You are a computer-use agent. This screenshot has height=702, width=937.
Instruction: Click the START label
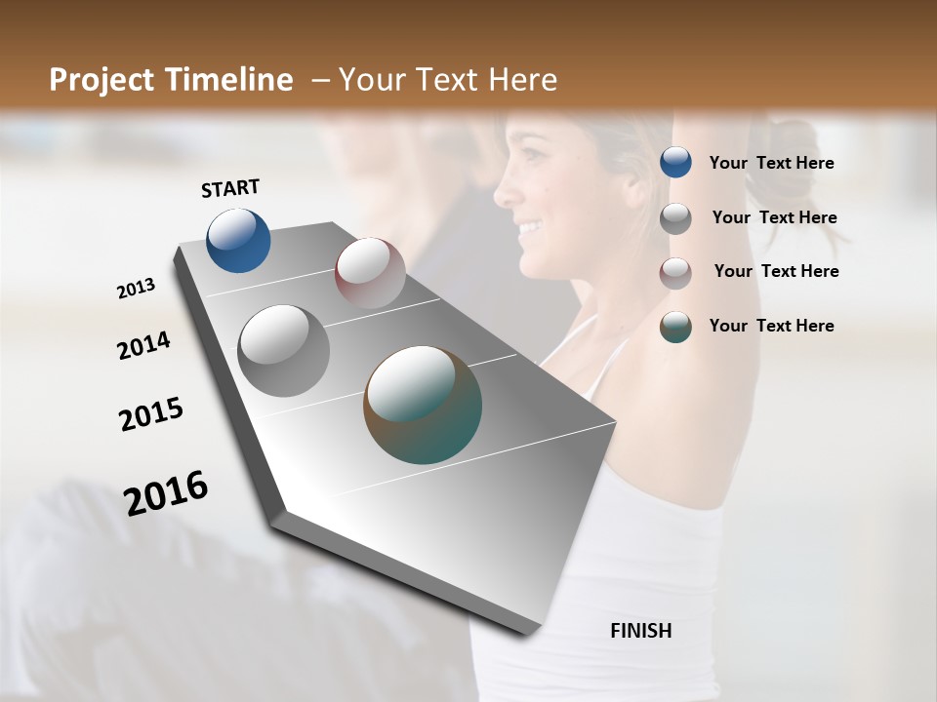[x=230, y=188]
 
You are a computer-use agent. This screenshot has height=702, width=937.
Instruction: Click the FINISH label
[x=640, y=631]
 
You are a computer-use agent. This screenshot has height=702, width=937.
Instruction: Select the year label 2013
[x=136, y=289]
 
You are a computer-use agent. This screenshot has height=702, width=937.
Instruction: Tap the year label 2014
[x=143, y=346]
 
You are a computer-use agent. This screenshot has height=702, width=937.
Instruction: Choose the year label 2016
[x=166, y=492]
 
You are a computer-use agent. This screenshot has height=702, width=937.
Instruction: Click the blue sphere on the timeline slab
[x=238, y=240]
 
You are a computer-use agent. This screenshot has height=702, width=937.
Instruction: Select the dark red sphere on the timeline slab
[x=370, y=272]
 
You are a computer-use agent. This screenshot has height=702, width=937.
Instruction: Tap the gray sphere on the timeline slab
[x=283, y=350]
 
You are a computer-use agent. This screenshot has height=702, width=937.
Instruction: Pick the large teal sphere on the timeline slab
[x=423, y=404]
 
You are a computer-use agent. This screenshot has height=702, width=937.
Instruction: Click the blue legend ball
[x=675, y=162]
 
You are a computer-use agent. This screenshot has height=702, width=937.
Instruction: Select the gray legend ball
[x=675, y=218]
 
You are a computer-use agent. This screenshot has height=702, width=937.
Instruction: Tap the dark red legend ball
[x=675, y=273]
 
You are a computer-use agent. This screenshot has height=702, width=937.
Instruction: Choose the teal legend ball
[x=675, y=327]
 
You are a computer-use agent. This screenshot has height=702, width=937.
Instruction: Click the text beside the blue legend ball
[x=771, y=163]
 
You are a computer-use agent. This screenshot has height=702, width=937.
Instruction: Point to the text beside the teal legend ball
[x=771, y=326]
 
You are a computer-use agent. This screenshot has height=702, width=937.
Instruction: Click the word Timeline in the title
[x=230, y=80]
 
